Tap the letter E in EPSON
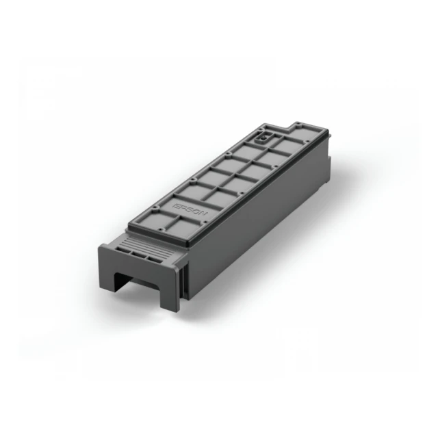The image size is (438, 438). (x=176, y=198)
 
